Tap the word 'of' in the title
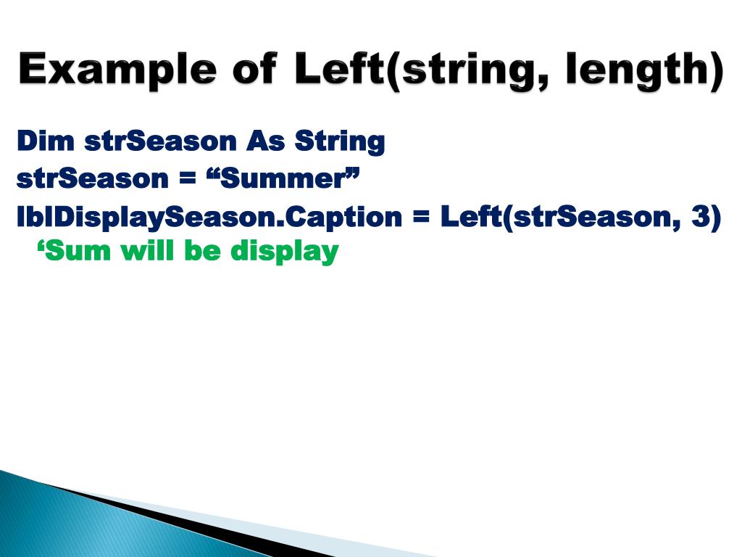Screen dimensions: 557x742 (x=254, y=70)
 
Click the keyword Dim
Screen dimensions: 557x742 (x=45, y=141)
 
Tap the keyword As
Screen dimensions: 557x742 (x=266, y=141)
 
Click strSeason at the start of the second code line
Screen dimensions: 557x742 (x=92, y=178)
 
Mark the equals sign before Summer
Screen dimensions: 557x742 (x=188, y=179)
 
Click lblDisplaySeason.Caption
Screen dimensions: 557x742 (x=209, y=217)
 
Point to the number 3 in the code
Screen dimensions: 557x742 (x=701, y=217)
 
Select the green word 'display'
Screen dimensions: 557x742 (x=285, y=253)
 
